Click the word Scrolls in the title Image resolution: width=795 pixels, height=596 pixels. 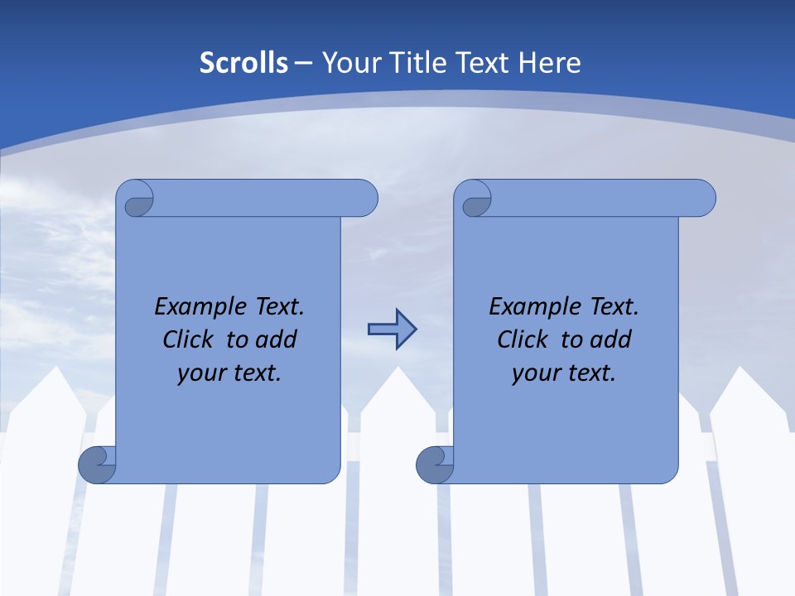[243, 63]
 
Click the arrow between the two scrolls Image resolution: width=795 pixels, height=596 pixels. [392, 329]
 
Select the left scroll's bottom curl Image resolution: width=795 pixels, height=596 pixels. [98, 464]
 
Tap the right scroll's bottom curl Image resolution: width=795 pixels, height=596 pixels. [435, 464]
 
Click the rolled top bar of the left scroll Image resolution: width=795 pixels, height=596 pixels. [265, 199]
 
